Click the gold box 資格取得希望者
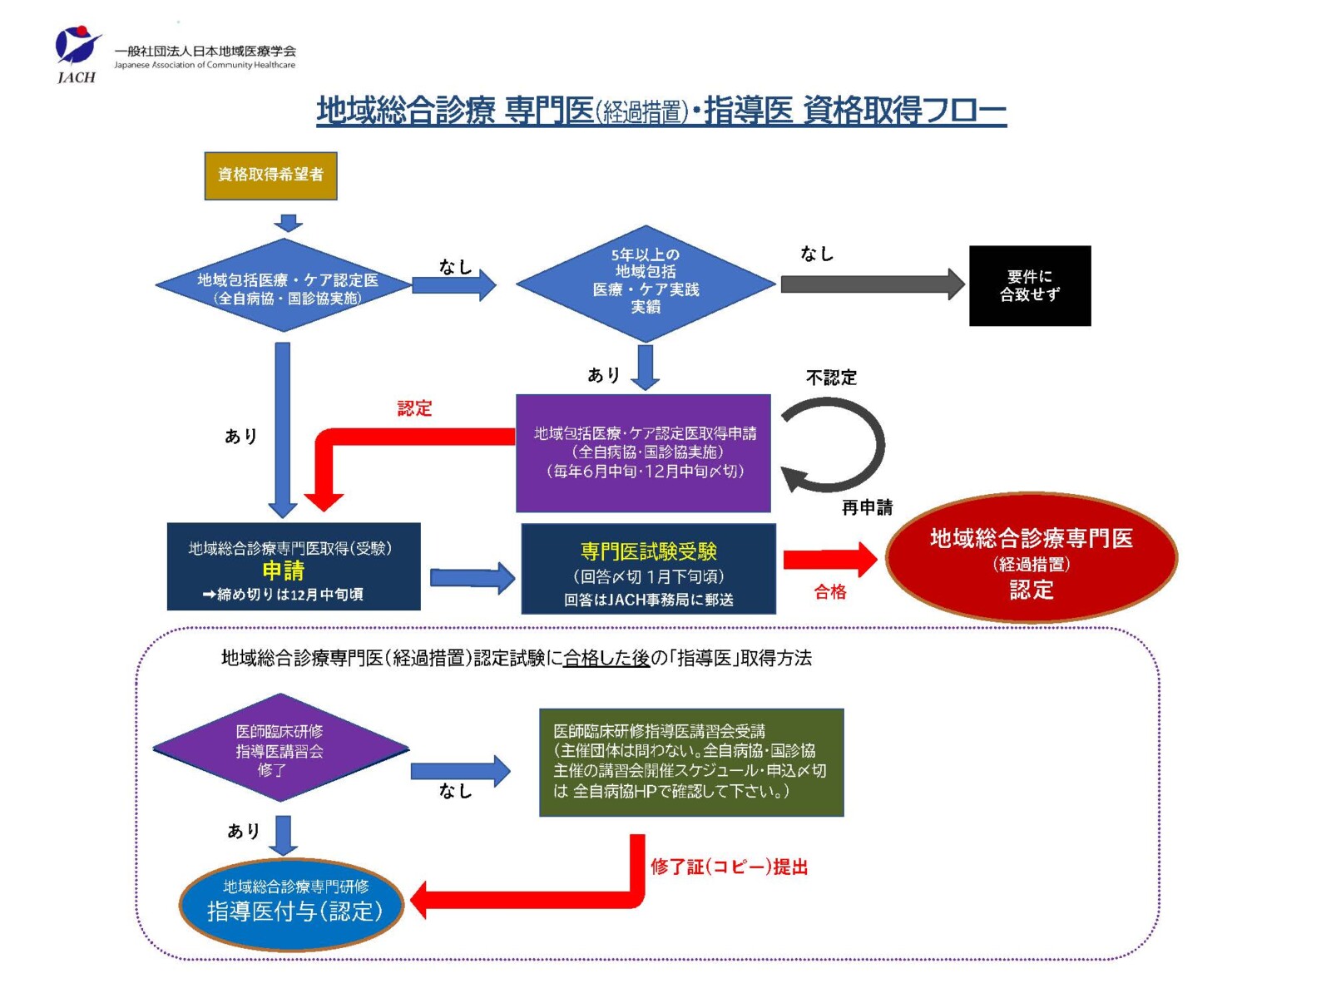coord(270,175)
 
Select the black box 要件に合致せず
coord(1030,285)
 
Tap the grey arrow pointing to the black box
coord(872,284)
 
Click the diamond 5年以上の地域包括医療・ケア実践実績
coord(646,284)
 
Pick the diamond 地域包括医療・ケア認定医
coord(284,284)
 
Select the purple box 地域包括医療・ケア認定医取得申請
coord(643,453)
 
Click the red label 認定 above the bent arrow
coord(415,408)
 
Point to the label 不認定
coord(831,378)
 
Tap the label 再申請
coord(867,507)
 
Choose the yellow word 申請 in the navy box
coord(283,571)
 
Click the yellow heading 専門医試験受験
coord(649,551)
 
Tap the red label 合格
coord(829,592)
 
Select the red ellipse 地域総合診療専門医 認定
coord(1031,557)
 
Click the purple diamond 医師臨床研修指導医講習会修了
coord(280,748)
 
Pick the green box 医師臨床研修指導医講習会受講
coord(691,763)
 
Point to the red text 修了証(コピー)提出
coord(730,867)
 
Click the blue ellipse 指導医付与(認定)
coord(291,904)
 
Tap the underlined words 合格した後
coord(606,658)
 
